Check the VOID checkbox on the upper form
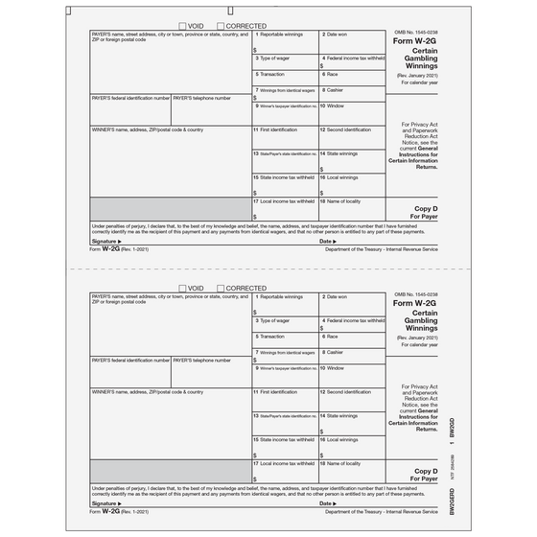point(183,26)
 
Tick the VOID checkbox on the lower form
point(183,288)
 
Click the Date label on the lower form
point(328,502)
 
